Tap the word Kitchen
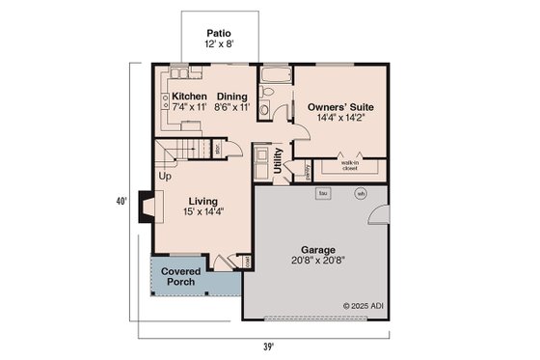190,97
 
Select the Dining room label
232,97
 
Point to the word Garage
319,248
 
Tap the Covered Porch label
179,277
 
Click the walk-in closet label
349,165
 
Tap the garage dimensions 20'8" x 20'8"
319,261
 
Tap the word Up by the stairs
164,177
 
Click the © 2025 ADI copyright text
362,306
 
